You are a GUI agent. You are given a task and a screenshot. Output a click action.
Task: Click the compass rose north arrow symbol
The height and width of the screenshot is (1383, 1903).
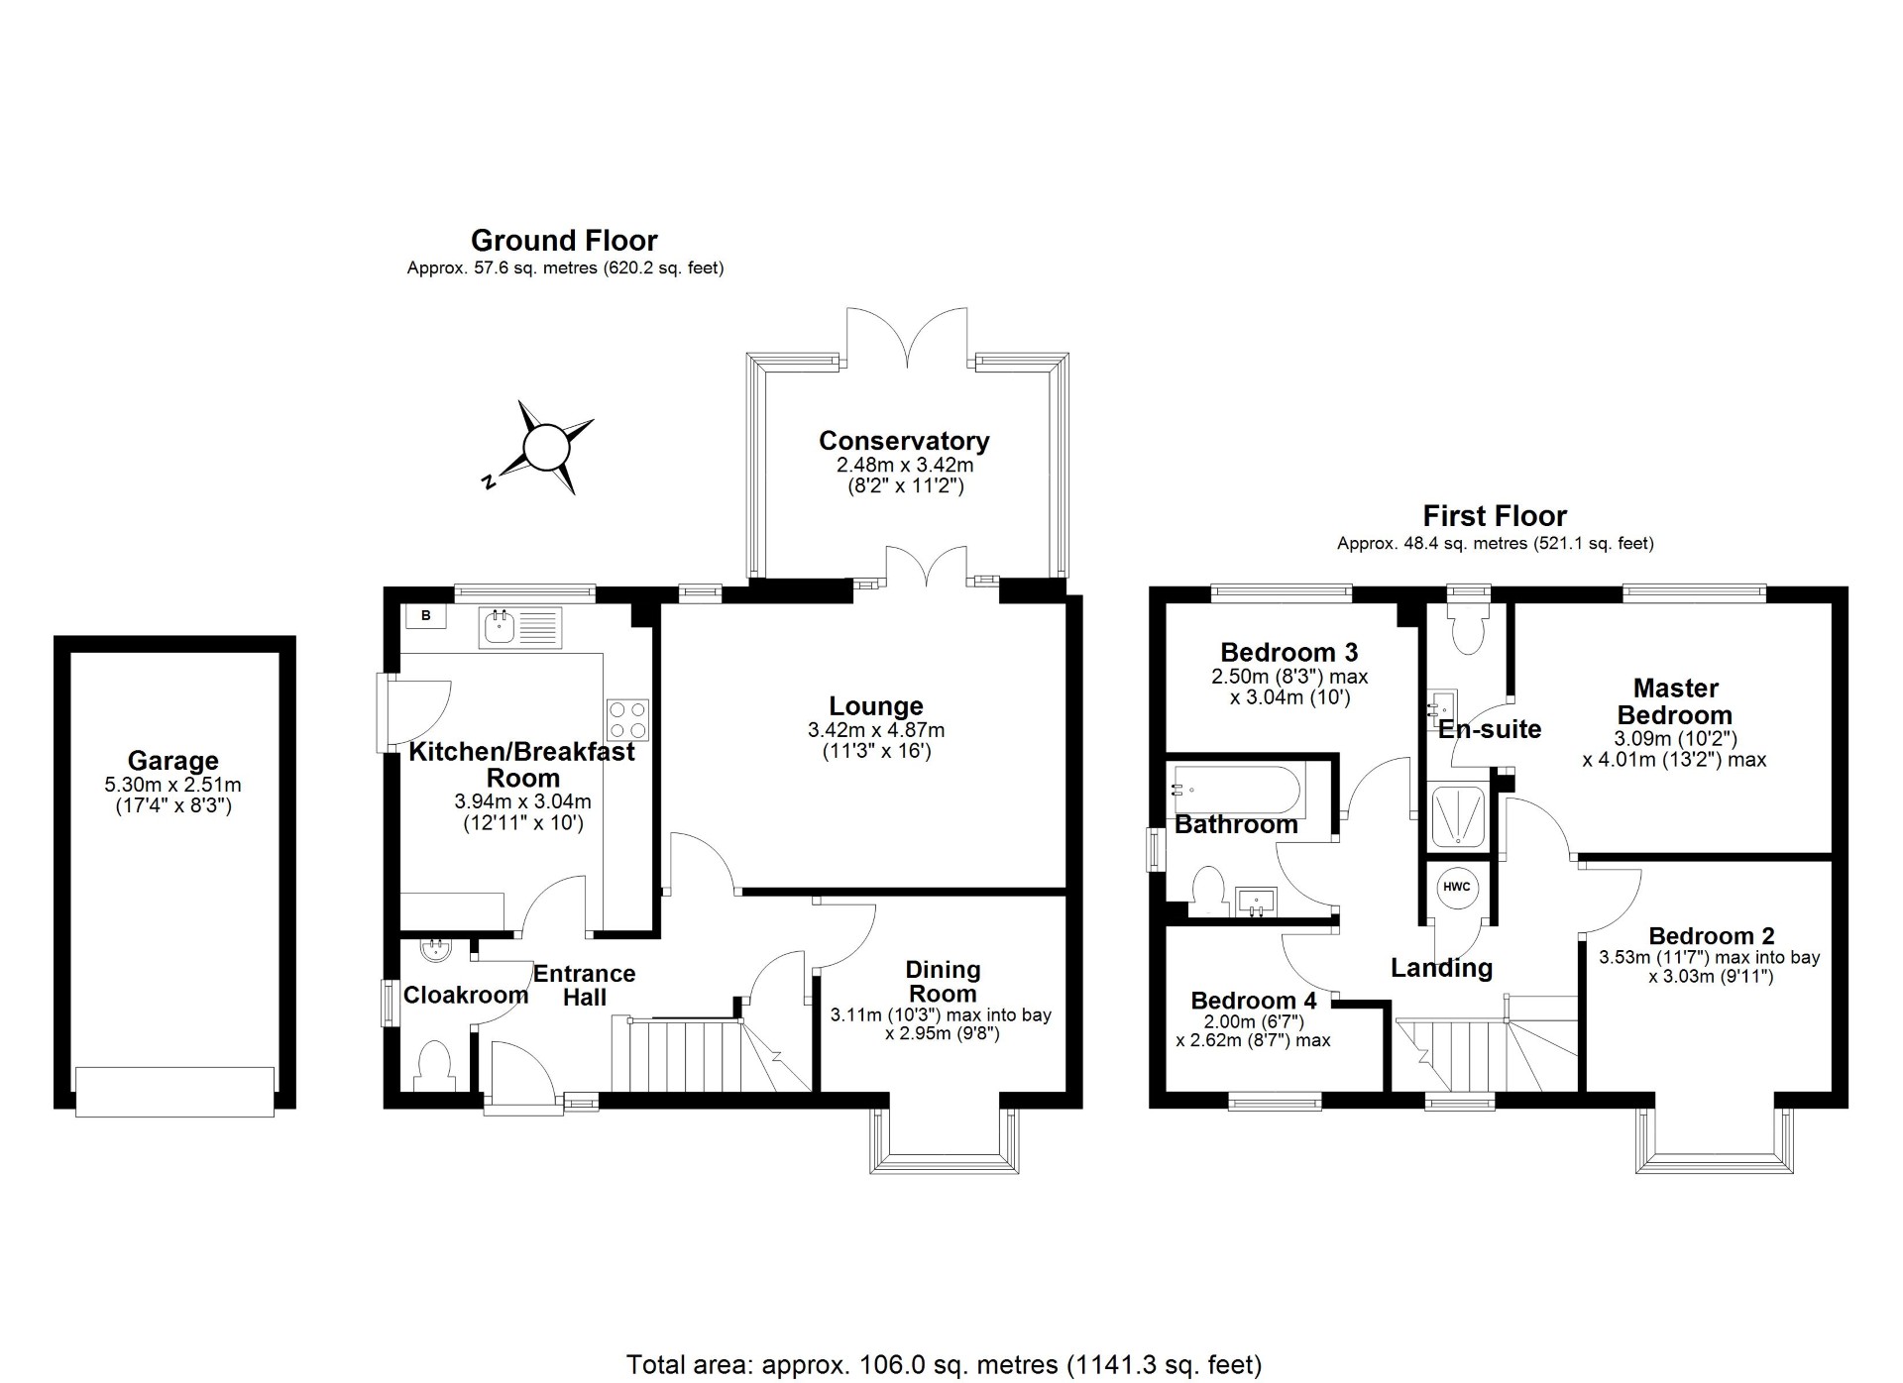(x=543, y=447)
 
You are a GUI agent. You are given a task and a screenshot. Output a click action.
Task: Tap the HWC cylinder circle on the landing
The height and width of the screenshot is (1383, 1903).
(x=1456, y=887)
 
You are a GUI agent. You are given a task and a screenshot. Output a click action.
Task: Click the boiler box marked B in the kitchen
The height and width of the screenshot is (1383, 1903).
(x=426, y=616)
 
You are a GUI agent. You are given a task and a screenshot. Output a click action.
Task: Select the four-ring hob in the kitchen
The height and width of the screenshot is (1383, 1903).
(x=627, y=719)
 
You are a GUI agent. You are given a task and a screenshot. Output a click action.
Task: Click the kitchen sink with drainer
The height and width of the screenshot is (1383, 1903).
(x=520, y=627)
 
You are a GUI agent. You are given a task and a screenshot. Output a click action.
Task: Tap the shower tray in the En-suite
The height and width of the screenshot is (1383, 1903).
(x=1458, y=816)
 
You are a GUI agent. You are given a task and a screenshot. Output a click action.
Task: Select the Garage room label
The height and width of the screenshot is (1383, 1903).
(x=172, y=761)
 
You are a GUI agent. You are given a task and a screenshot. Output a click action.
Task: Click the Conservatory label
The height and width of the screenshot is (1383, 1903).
(x=904, y=441)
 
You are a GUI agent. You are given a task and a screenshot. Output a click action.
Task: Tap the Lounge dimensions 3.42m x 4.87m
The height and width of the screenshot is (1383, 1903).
(x=876, y=731)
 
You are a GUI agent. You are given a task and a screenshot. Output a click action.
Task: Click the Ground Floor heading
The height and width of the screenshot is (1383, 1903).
(x=564, y=241)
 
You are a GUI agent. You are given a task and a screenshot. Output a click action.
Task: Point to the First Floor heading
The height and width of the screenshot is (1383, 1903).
(x=1495, y=516)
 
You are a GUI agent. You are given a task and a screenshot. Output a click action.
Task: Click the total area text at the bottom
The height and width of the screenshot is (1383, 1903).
(x=944, y=1365)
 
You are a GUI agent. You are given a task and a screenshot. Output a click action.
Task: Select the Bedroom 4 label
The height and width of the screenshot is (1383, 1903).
(x=1254, y=1001)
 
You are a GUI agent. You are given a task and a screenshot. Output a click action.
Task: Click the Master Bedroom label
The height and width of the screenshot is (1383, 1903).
(x=1675, y=701)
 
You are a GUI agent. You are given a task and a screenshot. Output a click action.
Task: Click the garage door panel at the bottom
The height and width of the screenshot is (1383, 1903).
(x=174, y=1092)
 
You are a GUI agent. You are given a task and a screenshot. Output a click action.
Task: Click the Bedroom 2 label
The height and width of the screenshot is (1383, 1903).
(x=1711, y=936)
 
